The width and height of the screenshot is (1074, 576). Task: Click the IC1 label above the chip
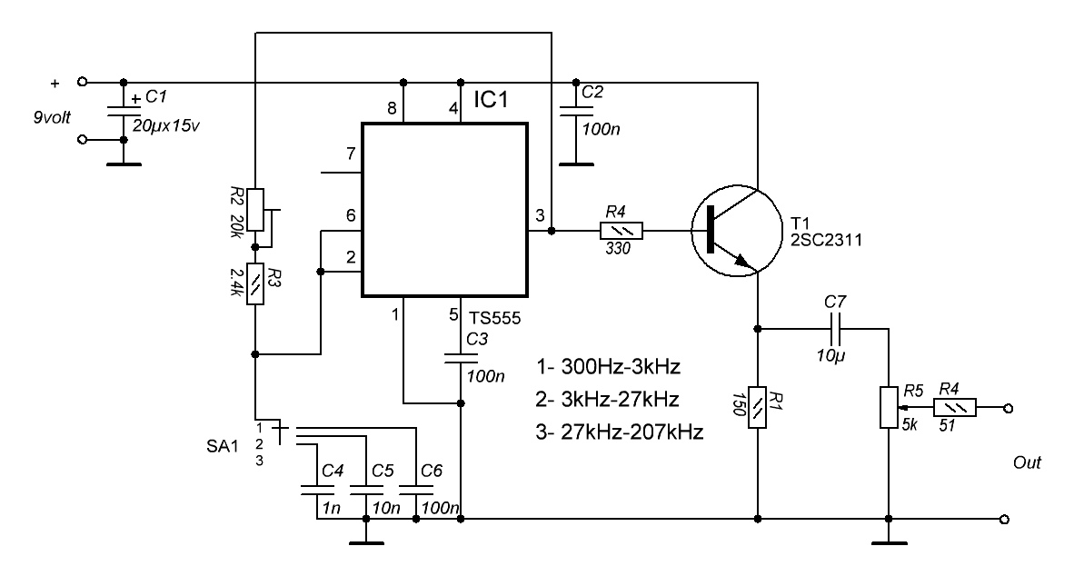(x=491, y=99)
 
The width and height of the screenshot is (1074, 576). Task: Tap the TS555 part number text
(x=494, y=319)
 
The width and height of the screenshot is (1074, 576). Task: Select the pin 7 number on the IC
(x=351, y=154)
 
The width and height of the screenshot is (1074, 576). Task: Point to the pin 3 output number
(x=540, y=215)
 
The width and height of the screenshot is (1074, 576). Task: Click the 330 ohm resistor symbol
(x=622, y=231)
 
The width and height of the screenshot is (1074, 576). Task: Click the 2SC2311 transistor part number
(x=826, y=241)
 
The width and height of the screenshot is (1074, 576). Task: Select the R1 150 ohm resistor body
(x=758, y=408)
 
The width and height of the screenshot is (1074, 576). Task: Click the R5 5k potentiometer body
(x=889, y=408)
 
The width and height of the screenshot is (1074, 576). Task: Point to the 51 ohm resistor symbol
(x=955, y=408)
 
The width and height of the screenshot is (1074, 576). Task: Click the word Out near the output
(x=1027, y=463)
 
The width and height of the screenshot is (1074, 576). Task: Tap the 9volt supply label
(x=52, y=118)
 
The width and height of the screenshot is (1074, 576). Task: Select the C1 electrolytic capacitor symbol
(x=124, y=111)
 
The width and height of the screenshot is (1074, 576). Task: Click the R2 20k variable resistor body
(x=255, y=210)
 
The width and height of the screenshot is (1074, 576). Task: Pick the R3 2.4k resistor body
(x=254, y=283)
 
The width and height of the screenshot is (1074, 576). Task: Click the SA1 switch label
(x=223, y=447)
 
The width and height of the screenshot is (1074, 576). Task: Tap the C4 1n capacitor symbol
(x=317, y=490)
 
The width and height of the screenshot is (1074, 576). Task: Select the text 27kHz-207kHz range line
(x=619, y=432)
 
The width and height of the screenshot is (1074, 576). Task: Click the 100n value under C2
(x=601, y=129)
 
